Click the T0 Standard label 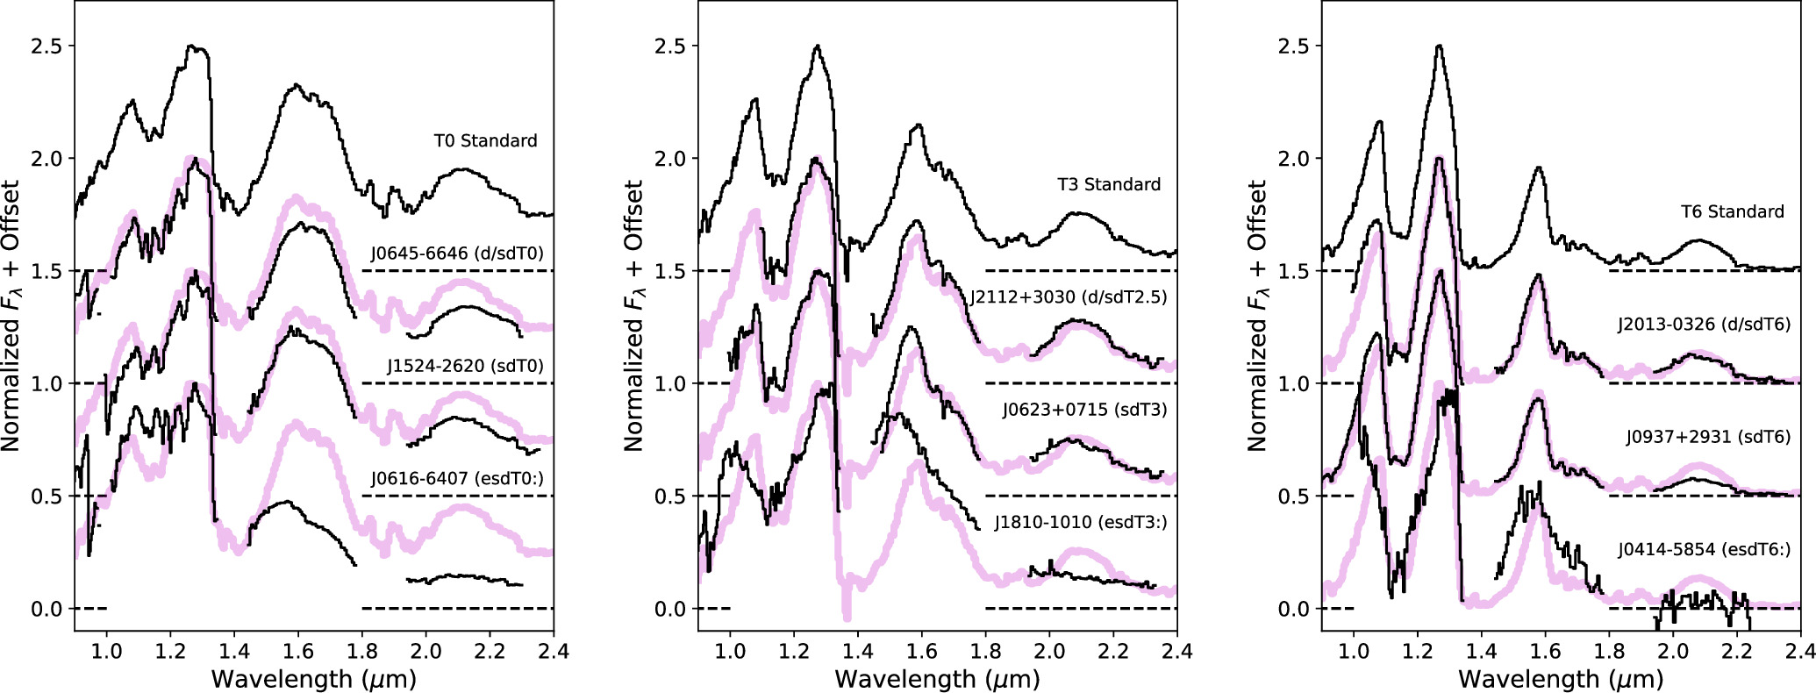(485, 140)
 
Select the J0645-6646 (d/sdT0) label (457, 254)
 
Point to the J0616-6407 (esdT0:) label (457, 478)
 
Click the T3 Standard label (1109, 184)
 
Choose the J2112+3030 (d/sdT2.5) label (1069, 296)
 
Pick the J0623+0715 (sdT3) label (1085, 410)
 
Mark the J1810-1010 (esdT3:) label (1081, 522)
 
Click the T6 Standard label (1733, 211)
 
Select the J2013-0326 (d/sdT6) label (1705, 324)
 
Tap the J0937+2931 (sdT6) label (1708, 436)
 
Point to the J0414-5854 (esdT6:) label (1705, 549)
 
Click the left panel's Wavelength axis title (313, 679)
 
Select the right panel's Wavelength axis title (1561, 679)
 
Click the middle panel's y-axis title (633, 316)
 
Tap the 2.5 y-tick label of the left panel (46, 46)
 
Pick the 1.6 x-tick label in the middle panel (921, 652)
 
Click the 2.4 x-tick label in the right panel (1798, 652)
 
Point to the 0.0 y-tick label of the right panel (1293, 609)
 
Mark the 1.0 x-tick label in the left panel (106, 652)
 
